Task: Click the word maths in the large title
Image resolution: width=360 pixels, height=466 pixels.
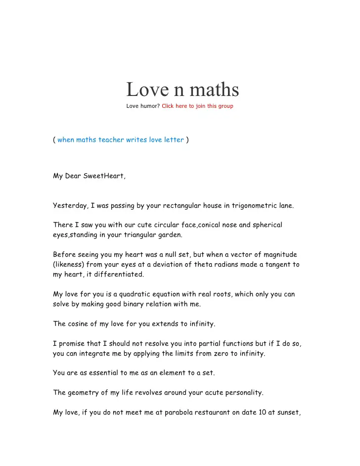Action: tap(213, 90)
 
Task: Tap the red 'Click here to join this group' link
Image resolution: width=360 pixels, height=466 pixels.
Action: tap(197, 106)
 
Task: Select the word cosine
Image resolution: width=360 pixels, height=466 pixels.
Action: tap(78, 324)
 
